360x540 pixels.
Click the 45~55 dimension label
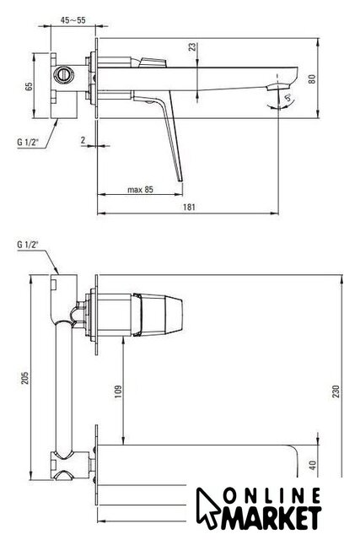(73, 20)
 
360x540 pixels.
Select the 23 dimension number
(192, 47)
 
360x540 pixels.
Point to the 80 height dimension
(312, 78)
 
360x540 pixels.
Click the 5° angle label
(289, 98)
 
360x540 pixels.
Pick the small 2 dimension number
(83, 140)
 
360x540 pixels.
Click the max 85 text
(140, 189)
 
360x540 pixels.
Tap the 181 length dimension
(189, 207)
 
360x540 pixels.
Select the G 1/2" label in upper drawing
(28, 142)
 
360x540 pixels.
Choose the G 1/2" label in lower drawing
(28, 245)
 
